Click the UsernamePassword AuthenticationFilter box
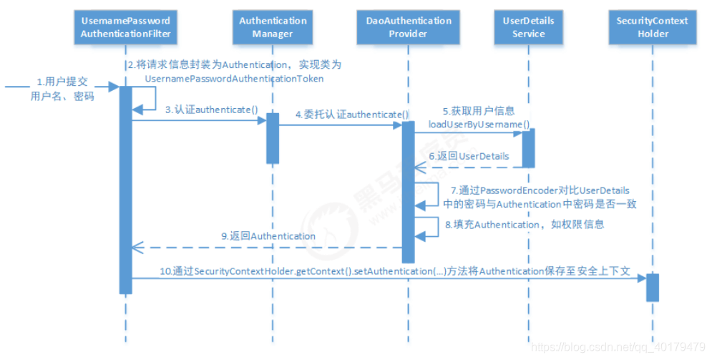(x=125, y=27)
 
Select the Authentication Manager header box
(x=272, y=27)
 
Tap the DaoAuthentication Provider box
(x=409, y=27)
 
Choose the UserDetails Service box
(x=528, y=27)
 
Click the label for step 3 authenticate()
(x=211, y=110)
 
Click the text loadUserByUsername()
(x=479, y=123)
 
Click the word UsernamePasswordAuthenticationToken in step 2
(x=234, y=78)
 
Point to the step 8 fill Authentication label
(x=525, y=224)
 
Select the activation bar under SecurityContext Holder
(x=653, y=287)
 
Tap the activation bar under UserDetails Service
(x=528, y=147)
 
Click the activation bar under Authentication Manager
(x=273, y=137)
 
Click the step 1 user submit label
(x=62, y=89)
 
